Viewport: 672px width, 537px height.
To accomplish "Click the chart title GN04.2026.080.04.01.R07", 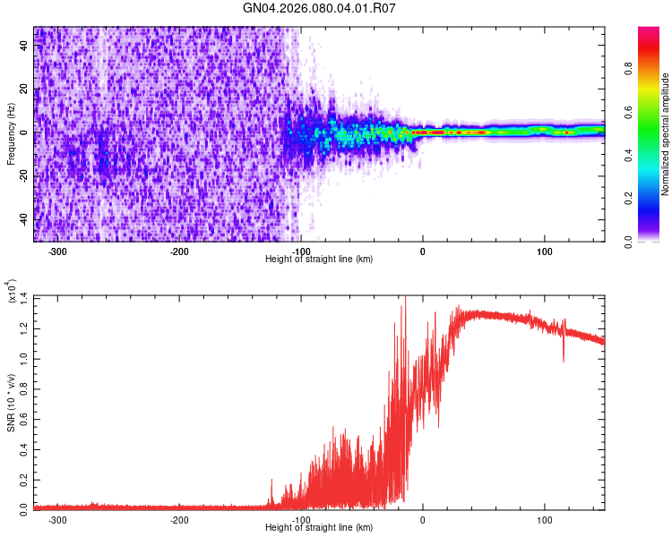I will tap(320, 8).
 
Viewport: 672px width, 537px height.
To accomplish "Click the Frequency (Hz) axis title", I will tap(11, 134).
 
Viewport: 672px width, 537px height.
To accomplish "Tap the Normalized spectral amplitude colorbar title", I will tap(666, 134).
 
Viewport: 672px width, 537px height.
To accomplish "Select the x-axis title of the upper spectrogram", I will tap(320, 259).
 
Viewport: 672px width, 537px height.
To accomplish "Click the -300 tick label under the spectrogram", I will tap(57, 251).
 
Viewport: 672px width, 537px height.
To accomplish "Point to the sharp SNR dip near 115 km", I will tap(564, 359).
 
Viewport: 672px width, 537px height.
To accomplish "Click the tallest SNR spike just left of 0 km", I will tap(406, 299).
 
